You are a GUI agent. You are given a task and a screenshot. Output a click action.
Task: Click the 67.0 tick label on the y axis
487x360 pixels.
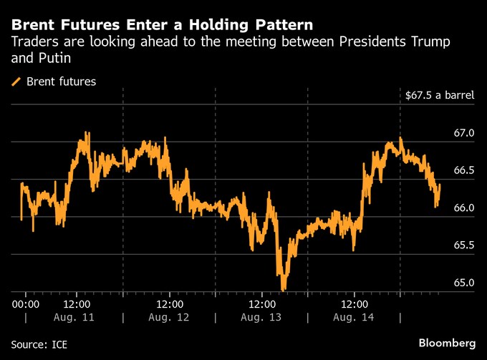463,133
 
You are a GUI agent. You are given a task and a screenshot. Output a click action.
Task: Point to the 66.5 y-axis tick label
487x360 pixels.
463,170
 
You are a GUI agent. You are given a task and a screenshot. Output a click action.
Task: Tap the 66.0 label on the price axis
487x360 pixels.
463,208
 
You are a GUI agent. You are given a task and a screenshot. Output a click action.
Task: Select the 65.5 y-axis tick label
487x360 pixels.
463,245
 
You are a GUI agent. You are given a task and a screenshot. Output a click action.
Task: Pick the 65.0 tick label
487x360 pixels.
463,283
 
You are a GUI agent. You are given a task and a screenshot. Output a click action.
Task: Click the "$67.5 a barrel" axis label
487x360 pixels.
439,95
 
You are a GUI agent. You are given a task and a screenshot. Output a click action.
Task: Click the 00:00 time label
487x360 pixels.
26,303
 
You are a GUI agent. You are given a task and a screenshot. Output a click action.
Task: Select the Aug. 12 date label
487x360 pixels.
168,317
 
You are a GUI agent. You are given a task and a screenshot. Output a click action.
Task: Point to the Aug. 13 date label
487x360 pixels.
261,317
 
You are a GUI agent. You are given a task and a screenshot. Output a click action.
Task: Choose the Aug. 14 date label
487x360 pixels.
353,317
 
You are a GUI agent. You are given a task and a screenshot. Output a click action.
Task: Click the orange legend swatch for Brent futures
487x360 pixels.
16,82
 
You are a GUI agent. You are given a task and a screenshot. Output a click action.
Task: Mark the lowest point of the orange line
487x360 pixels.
284,289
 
